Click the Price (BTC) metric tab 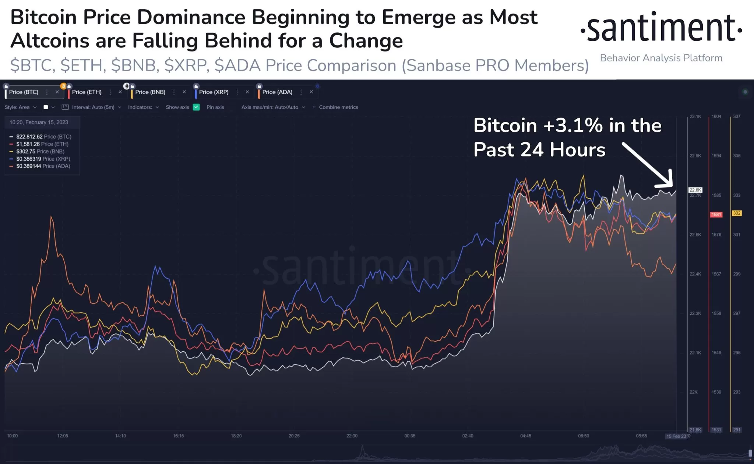pyautogui.click(x=24, y=92)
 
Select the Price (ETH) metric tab pyautogui.click(x=87, y=92)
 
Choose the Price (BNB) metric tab pyautogui.click(x=150, y=92)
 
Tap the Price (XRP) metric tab pyautogui.click(x=214, y=92)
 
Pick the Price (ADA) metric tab pyautogui.click(x=277, y=92)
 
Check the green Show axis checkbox pyautogui.click(x=196, y=107)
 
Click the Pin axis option pyautogui.click(x=215, y=107)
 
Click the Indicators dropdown pyautogui.click(x=143, y=107)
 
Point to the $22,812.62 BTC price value pyautogui.click(x=29, y=137)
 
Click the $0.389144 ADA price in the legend pyautogui.click(x=29, y=166)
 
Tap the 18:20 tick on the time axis pyautogui.click(x=236, y=436)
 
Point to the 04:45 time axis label pyautogui.click(x=525, y=436)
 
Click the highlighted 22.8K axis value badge pyautogui.click(x=695, y=190)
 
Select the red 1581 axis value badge pyautogui.click(x=716, y=214)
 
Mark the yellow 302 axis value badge pyautogui.click(x=737, y=213)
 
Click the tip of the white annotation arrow pyautogui.click(x=671, y=186)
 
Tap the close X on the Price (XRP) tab pyautogui.click(x=247, y=92)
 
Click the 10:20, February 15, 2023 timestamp pyautogui.click(x=39, y=122)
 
